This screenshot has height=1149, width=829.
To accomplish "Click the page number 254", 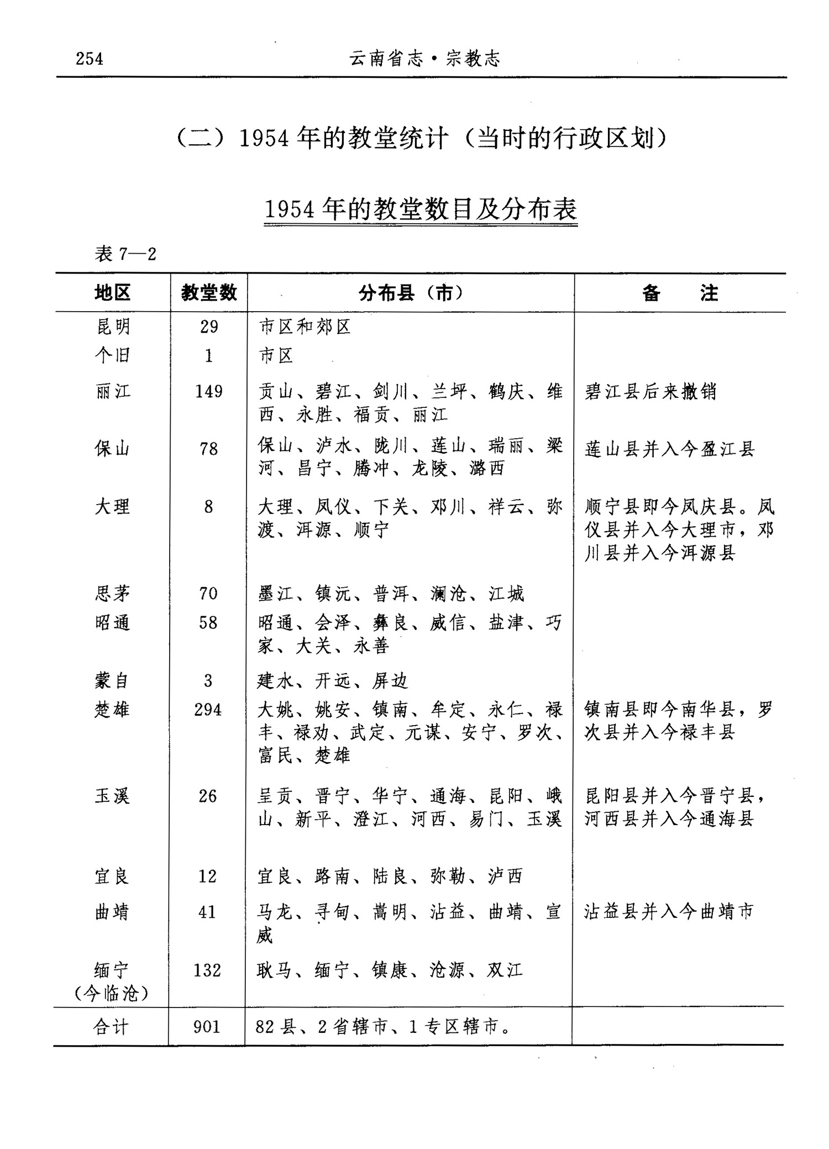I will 90,59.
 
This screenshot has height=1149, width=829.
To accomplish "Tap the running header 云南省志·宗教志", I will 424,59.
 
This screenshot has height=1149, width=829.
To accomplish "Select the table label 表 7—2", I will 125,254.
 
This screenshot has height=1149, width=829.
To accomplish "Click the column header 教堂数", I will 208,292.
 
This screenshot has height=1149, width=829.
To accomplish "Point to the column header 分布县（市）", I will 410,292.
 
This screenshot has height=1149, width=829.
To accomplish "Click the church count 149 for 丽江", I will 208,391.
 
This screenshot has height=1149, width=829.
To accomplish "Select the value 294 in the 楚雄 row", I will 208,710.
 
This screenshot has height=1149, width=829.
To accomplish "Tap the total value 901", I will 207,1026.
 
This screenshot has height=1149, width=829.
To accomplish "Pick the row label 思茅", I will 112,594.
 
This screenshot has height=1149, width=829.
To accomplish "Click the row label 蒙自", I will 112,680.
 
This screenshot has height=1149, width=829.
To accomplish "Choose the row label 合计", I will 111,1026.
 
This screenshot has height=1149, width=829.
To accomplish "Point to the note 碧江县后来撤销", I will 650,391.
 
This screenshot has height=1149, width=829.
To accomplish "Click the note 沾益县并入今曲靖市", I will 669,911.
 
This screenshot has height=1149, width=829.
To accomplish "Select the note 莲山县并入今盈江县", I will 670,449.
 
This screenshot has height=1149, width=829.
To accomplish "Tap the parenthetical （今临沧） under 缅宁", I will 111,994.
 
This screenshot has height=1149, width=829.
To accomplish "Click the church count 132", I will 207,970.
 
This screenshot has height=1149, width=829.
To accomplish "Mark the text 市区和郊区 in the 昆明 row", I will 305,327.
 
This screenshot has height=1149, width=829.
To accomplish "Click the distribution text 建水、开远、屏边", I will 333,681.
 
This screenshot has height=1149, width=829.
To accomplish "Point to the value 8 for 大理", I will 208,507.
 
